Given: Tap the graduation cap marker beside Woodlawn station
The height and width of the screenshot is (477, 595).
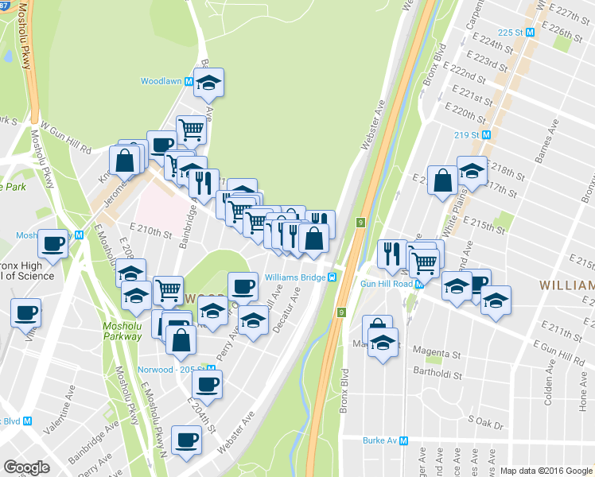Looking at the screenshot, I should coord(208,82).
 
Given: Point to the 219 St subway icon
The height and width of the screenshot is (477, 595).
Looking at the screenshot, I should coord(486,134).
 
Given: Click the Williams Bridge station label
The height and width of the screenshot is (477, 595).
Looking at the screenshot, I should coord(295,277).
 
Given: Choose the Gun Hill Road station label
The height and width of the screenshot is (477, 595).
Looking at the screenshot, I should coord(386,284).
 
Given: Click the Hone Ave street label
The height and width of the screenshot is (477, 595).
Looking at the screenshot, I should coord(583,413).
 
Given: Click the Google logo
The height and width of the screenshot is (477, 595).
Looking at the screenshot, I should coord(27,467).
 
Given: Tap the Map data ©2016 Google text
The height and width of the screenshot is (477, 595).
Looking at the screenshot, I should coord(545,471).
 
